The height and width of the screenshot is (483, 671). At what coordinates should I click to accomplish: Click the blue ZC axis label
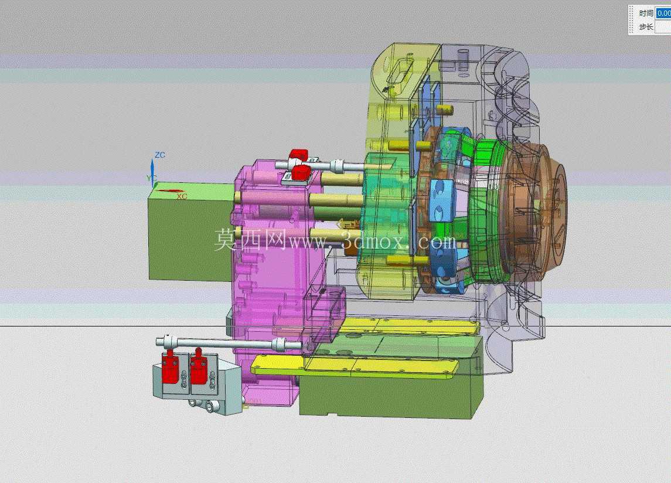tap(160, 155)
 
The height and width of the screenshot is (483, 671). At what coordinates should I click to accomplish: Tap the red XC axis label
tap(182, 196)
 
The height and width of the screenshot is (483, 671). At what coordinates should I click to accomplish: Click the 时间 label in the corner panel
tap(646, 13)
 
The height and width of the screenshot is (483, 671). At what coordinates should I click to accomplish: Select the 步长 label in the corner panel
tap(646, 27)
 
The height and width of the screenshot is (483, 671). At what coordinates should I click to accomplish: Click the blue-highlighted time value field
tap(664, 13)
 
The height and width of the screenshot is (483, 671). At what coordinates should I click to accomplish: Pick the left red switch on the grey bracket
tap(170, 366)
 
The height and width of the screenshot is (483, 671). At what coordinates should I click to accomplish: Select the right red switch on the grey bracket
tap(199, 366)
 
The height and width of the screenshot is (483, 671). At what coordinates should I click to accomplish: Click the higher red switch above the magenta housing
tap(298, 155)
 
